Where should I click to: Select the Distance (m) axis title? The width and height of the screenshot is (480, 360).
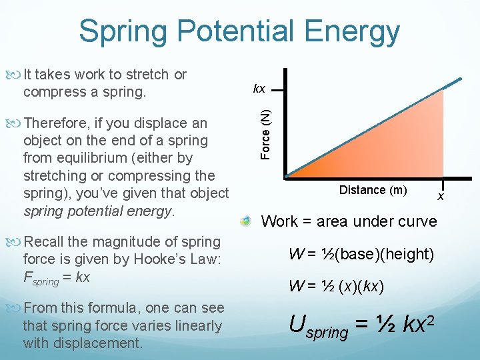[373, 190]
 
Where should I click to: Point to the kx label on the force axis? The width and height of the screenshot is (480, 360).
[259, 89]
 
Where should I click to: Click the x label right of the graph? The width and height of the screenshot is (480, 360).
[440, 196]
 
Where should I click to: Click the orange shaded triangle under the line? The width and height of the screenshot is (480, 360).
[400, 147]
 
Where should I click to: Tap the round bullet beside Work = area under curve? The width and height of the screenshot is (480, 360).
[247, 221]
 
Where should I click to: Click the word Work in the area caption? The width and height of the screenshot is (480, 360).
[280, 221]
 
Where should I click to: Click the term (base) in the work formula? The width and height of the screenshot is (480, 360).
[352, 254]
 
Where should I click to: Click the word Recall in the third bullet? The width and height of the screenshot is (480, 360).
[43, 242]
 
